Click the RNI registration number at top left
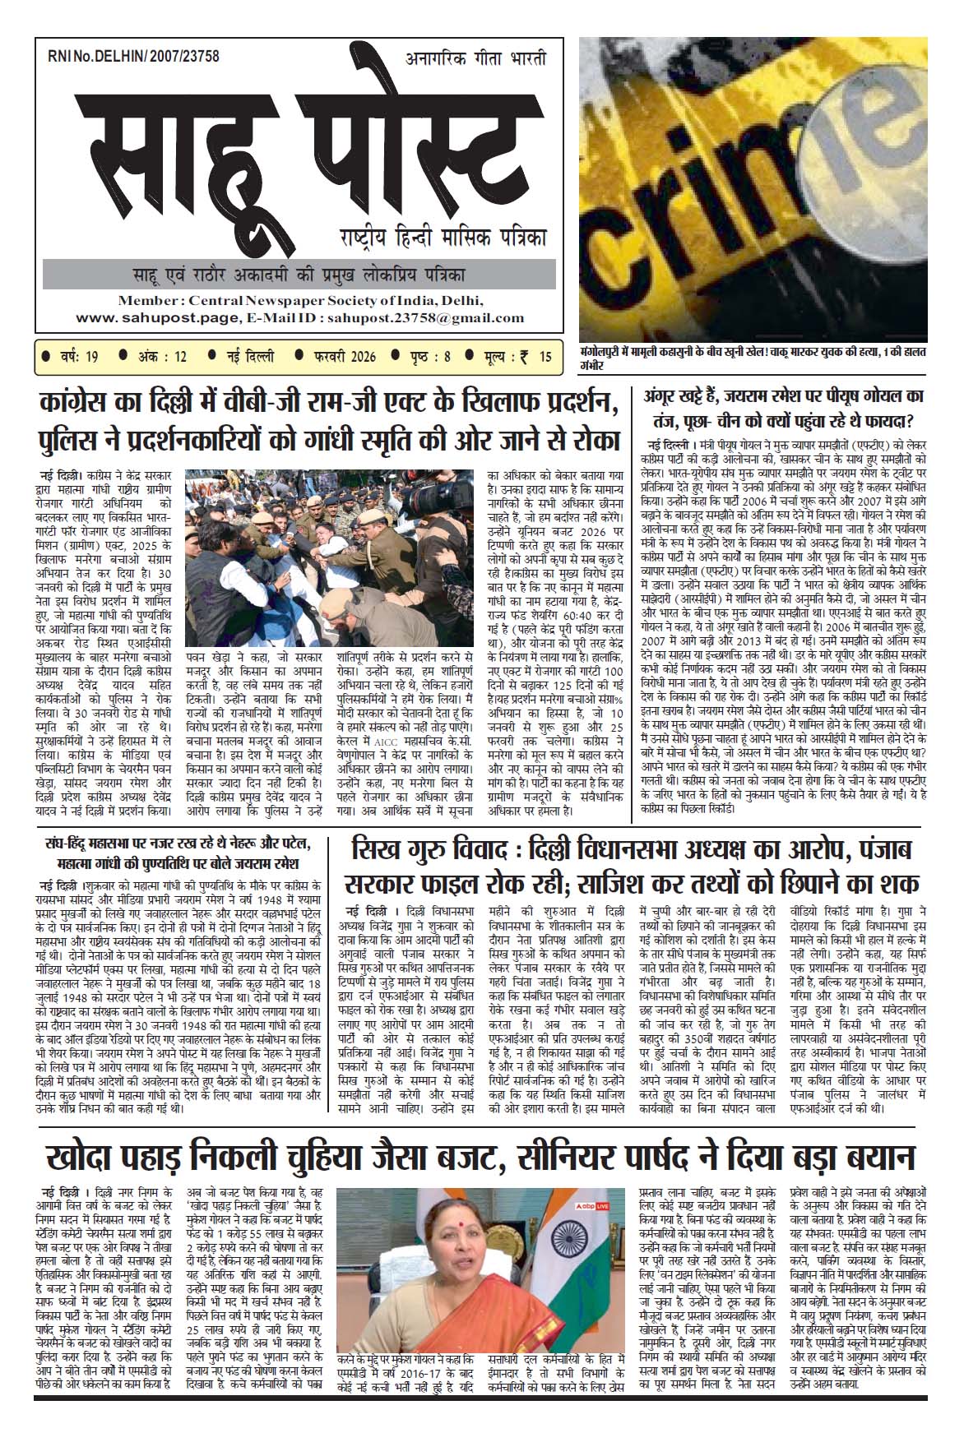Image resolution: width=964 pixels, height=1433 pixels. click(133, 56)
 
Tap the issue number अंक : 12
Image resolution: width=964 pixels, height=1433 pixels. click(159, 357)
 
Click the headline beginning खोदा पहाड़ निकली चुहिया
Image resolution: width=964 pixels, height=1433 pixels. click(480, 1158)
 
